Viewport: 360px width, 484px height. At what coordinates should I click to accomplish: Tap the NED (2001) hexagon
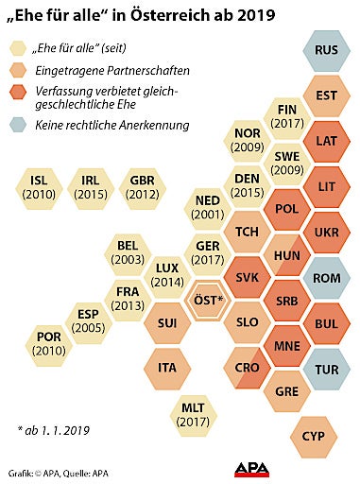(208, 208)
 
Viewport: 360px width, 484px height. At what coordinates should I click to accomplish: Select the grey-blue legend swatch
(18, 124)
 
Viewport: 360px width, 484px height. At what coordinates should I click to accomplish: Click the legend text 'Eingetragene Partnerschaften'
(112, 70)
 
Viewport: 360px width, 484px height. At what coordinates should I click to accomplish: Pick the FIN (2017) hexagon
(287, 117)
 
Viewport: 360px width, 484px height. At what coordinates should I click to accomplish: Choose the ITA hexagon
(166, 367)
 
